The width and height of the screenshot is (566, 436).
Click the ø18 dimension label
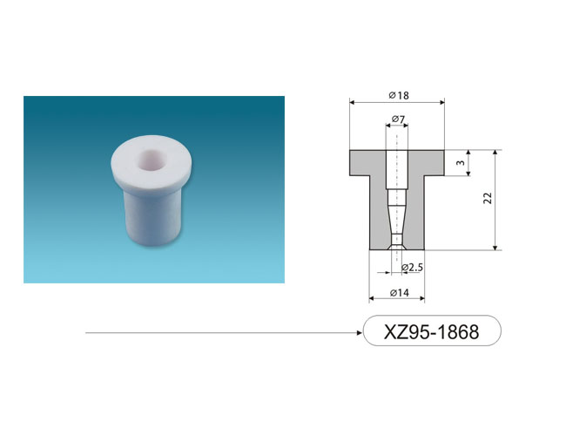tap(399, 95)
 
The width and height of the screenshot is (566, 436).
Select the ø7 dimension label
tap(398, 119)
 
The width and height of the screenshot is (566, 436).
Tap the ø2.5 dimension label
tap(412, 268)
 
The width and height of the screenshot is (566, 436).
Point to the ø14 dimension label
tap(400, 293)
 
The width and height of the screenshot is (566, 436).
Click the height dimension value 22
tap(488, 198)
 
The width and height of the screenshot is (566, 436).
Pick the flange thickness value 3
tap(461, 163)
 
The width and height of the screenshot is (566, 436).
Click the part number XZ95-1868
tap(431, 331)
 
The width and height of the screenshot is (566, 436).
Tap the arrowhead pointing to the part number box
tap(359, 332)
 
